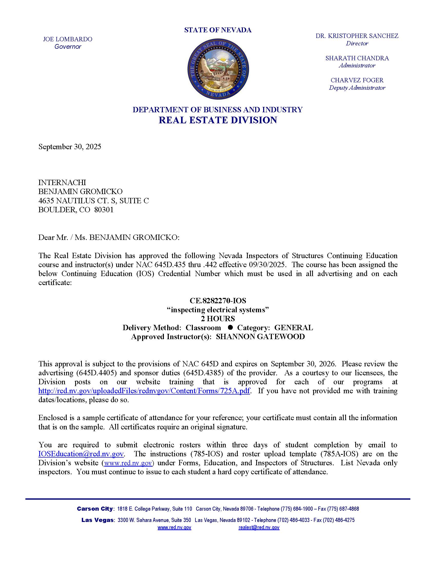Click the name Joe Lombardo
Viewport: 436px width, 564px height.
[x=68, y=39]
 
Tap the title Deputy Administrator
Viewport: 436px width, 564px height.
[x=357, y=88]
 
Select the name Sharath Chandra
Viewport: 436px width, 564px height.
[x=357, y=58]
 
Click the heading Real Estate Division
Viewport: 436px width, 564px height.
[x=218, y=120]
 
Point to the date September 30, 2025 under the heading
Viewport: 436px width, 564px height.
[x=70, y=147]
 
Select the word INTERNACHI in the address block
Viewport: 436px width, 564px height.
[x=62, y=183]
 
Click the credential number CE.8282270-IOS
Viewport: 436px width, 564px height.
[x=218, y=301]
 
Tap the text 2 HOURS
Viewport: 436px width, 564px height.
[x=218, y=319]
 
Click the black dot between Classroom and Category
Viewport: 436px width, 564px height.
[x=230, y=327]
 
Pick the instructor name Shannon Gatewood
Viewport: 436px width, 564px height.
[x=260, y=337]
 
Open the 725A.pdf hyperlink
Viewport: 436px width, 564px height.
[x=144, y=391]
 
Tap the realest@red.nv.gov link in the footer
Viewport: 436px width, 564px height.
[x=259, y=528]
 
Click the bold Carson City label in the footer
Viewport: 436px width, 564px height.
[x=95, y=509]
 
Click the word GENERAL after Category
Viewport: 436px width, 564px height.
[x=293, y=328]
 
